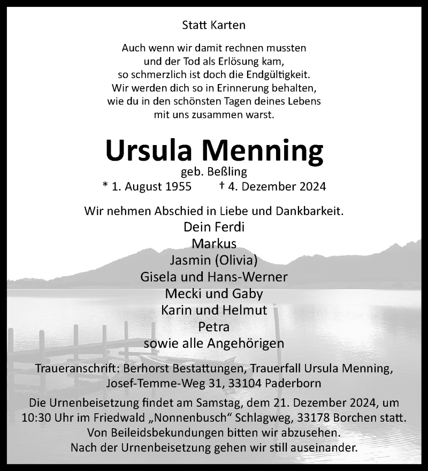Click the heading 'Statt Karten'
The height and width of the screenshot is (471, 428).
tap(213, 25)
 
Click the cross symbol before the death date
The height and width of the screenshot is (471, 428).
tap(221, 186)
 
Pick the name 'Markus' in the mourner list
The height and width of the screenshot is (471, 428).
tap(213, 244)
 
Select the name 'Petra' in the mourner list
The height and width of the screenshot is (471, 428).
tap(213, 326)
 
